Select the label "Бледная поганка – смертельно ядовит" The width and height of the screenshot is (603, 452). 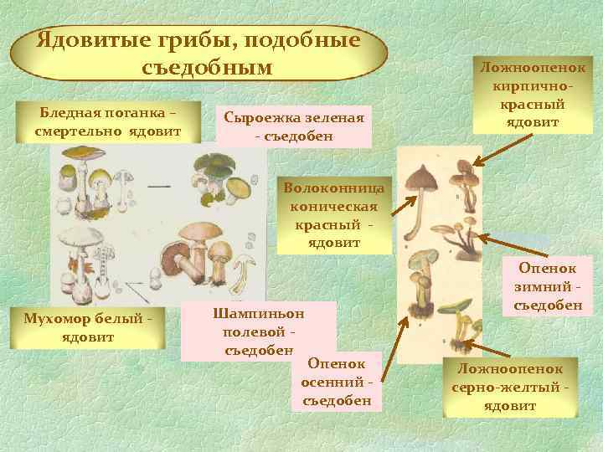pos(106,122)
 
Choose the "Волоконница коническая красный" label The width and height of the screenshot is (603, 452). pos(334,214)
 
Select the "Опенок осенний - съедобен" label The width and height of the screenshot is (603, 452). pos(336,381)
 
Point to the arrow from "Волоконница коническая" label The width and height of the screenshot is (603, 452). pos(405,210)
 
